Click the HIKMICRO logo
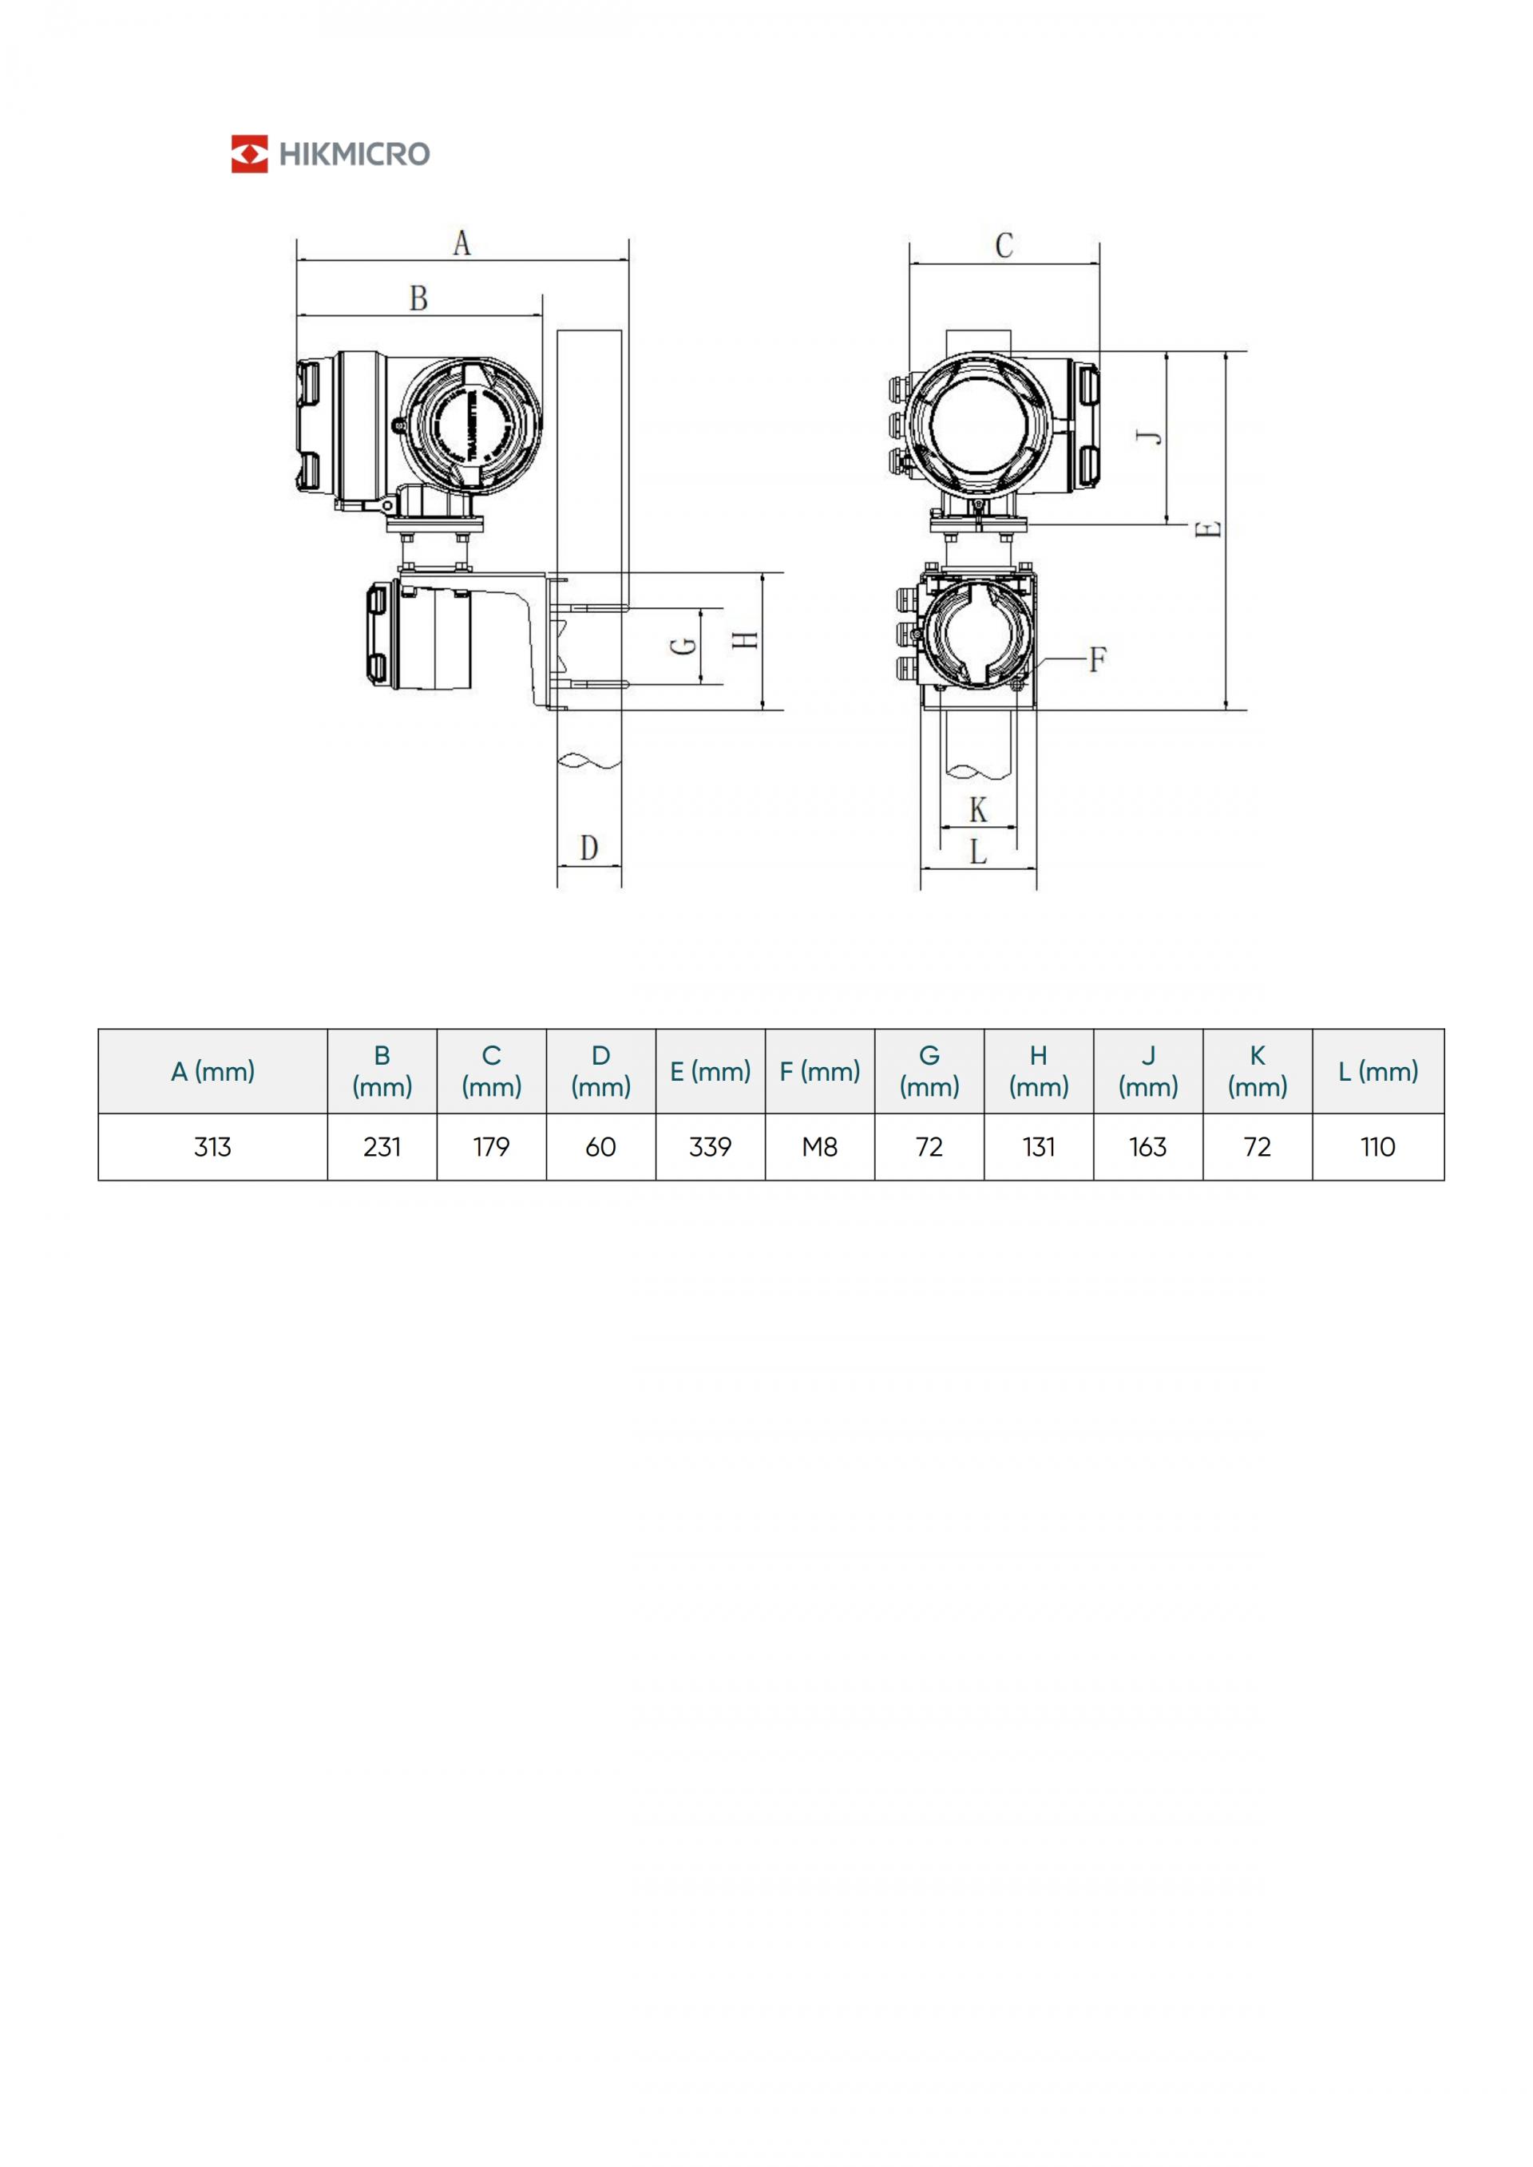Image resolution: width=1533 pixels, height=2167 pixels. click(331, 154)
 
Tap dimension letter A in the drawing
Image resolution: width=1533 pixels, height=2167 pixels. click(461, 243)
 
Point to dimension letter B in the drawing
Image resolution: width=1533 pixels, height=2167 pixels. click(418, 299)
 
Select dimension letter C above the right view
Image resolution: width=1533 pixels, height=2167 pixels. click(1004, 245)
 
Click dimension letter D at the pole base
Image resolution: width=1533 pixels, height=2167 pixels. click(589, 848)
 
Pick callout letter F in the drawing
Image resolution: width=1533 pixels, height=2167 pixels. click(1097, 658)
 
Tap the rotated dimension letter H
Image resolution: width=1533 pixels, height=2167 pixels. click(746, 640)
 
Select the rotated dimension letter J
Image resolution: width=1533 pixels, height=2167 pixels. click(1149, 436)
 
